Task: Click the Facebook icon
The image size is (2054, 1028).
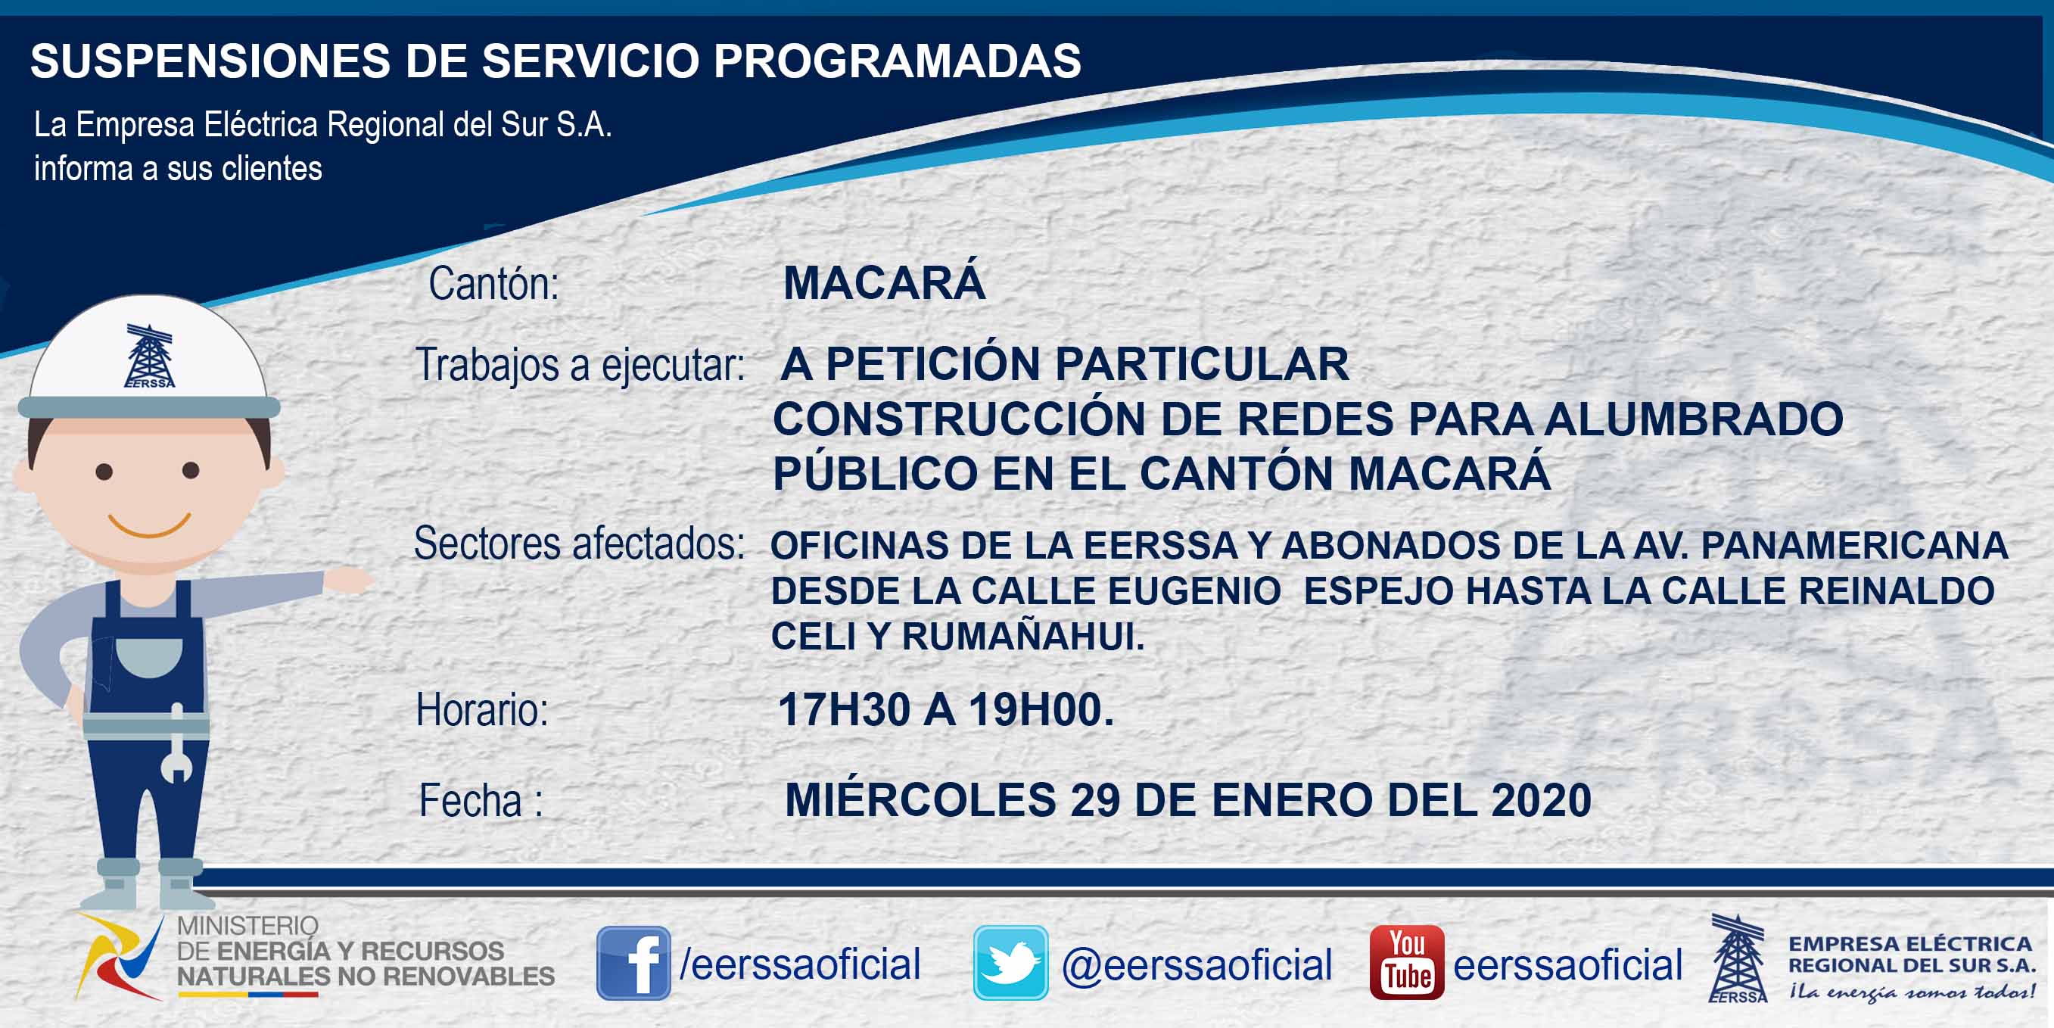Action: pyautogui.click(x=633, y=963)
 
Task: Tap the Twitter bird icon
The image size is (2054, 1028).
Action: pyautogui.click(x=1010, y=963)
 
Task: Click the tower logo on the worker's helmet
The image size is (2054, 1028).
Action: pyautogui.click(x=149, y=356)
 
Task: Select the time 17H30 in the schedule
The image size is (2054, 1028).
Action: pyautogui.click(x=844, y=709)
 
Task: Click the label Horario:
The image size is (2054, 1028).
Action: pyautogui.click(x=482, y=709)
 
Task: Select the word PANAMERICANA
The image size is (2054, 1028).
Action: pyautogui.click(x=1855, y=546)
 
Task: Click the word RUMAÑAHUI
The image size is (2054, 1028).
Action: pyautogui.click(x=1023, y=636)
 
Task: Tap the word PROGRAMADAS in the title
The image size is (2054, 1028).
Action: pyautogui.click(x=897, y=61)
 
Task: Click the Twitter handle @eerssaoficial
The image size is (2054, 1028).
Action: pyautogui.click(x=1197, y=964)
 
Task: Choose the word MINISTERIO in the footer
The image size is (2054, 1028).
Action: pyautogui.click(x=247, y=925)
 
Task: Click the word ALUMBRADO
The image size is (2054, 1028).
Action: pyautogui.click(x=1694, y=419)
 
